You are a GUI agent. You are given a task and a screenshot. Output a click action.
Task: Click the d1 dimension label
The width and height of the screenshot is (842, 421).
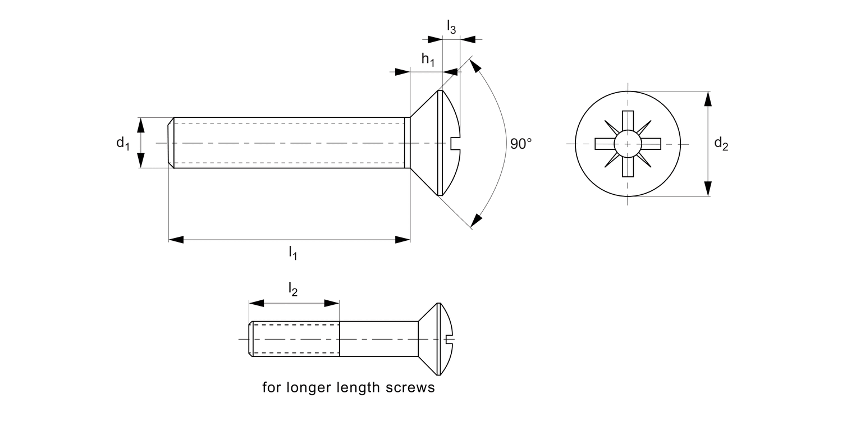pos(122,143)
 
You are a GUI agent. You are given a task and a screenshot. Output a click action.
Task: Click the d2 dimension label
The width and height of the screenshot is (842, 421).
pos(721,144)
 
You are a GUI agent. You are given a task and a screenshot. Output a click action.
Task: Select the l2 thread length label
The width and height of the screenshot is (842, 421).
pos(292,290)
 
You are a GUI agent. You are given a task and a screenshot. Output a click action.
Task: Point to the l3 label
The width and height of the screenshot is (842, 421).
pos(451,27)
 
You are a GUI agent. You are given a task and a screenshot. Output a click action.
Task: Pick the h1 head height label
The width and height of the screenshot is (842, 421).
pos(428,60)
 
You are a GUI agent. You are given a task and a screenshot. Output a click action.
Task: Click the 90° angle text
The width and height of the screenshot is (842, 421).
pos(520,144)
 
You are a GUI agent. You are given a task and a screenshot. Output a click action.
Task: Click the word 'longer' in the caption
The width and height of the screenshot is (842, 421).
pos(314,388)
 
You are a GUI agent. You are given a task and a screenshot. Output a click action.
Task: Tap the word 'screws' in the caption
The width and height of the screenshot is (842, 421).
pos(414,388)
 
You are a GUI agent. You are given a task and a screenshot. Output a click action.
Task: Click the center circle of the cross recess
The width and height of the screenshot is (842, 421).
pos(627,144)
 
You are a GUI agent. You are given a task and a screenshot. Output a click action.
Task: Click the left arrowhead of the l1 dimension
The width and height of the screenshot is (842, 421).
pos(176,240)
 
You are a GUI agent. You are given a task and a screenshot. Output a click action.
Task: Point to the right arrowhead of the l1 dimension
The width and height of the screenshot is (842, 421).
pos(402,240)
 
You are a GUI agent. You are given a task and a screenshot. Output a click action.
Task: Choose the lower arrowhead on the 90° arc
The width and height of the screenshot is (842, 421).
pos(477,220)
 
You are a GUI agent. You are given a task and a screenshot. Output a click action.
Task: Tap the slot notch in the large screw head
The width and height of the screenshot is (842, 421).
pos(455,144)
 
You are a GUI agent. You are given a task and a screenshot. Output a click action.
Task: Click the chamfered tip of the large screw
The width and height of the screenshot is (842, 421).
pos(171,143)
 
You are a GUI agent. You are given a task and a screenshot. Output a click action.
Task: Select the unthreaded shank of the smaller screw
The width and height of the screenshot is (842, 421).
pos(378,339)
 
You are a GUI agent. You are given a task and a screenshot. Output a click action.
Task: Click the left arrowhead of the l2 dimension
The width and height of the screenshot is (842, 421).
pos(257,303)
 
